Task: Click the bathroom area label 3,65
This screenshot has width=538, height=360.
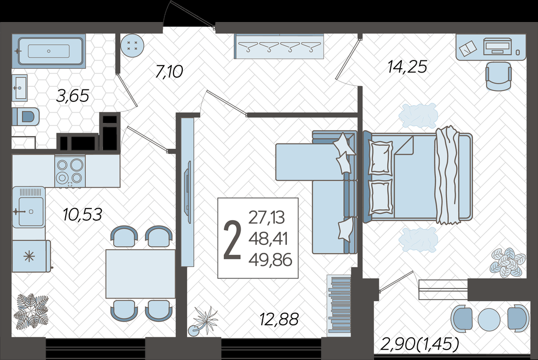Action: (x=73, y=96)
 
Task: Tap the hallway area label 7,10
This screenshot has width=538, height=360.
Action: (x=169, y=71)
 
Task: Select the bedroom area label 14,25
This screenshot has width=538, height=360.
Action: (x=407, y=67)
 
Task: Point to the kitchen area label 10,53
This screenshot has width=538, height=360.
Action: (x=82, y=214)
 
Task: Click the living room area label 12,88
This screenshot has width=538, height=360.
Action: (x=279, y=320)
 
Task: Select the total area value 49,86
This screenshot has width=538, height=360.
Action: (x=271, y=260)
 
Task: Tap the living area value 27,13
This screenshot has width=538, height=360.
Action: (x=266, y=217)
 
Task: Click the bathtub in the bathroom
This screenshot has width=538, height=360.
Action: (x=49, y=51)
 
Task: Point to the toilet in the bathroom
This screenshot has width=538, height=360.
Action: (x=26, y=117)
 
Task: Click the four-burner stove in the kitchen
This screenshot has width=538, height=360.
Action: (x=70, y=171)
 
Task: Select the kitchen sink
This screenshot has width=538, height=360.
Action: (x=29, y=207)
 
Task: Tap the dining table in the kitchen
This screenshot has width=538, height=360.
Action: (x=140, y=274)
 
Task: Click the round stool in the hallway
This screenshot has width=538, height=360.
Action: (x=132, y=46)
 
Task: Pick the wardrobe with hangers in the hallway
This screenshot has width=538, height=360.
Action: (x=280, y=46)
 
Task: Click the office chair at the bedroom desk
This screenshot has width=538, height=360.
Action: (x=498, y=76)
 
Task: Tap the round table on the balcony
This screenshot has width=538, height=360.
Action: (x=489, y=319)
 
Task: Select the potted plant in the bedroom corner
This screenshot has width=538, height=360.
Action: (x=508, y=263)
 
